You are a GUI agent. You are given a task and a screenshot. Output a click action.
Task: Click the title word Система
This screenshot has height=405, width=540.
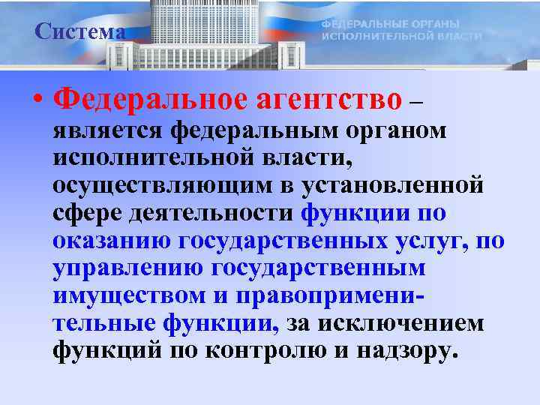click(x=79, y=32)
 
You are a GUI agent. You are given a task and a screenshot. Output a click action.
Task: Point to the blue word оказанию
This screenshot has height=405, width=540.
click(x=112, y=241)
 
